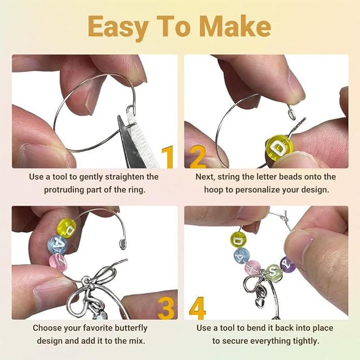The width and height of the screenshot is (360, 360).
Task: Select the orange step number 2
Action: tap(198, 157)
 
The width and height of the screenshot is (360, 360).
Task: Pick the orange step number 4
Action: tap(197, 308)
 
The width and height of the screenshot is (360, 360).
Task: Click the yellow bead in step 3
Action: tap(67, 227)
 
